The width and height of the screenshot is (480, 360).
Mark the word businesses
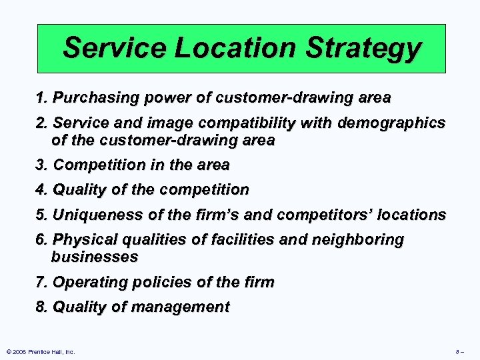pyautogui.click(x=94, y=257)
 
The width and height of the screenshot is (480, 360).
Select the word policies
pyautogui.click(x=160, y=282)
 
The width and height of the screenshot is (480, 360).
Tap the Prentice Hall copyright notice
pyautogui.click(x=41, y=351)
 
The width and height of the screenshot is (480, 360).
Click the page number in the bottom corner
pyautogui.click(x=459, y=351)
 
